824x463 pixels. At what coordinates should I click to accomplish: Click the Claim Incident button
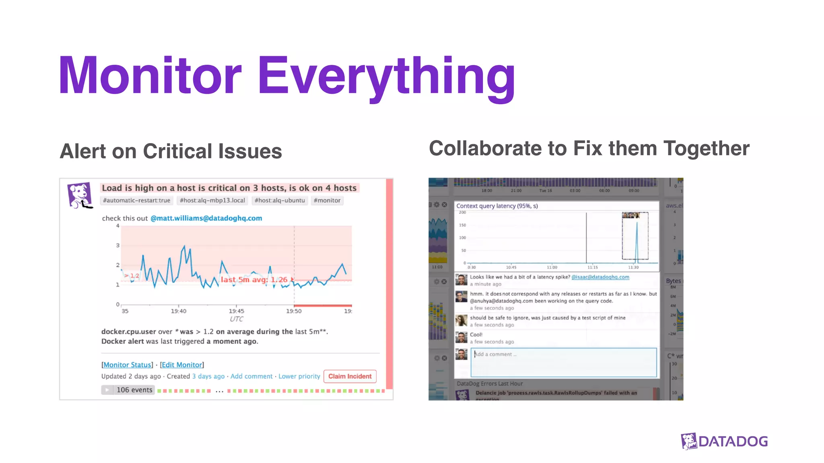(350, 376)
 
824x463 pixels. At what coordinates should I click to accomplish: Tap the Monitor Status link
(128, 365)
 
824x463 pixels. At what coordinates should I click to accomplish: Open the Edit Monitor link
(182, 365)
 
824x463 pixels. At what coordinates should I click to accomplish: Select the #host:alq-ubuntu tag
(280, 200)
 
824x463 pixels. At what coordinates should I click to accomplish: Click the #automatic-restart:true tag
(136, 200)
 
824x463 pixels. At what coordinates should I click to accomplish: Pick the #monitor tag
(327, 200)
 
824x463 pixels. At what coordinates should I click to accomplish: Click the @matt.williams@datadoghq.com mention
(206, 218)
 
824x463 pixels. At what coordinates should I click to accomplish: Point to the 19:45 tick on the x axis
(236, 311)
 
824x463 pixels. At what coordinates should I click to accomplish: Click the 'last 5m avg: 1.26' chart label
(254, 279)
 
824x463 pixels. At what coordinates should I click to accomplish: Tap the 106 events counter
(134, 390)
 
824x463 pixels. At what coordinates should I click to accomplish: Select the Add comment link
(251, 376)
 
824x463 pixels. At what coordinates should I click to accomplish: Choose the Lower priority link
(299, 376)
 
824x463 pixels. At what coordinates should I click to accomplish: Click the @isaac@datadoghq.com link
(600, 277)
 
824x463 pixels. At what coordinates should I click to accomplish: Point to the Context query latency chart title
(497, 206)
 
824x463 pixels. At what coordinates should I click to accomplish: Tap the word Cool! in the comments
(476, 334)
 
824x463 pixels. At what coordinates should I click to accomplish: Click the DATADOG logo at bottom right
(724, 441)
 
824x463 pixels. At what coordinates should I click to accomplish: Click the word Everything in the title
(386, 76)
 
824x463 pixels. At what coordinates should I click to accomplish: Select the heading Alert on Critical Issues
(171, 152)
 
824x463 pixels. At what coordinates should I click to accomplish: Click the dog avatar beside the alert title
(79, 195)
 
